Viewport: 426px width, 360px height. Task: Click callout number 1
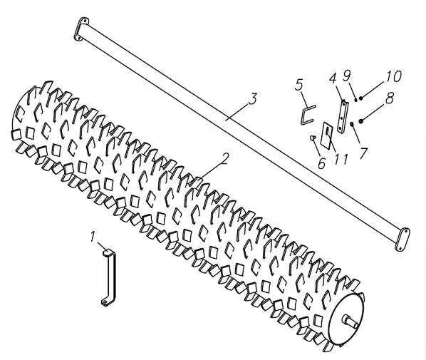[93, 236]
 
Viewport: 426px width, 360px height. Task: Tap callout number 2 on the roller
[225, 159]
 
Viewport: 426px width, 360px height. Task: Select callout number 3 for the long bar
[253, 99]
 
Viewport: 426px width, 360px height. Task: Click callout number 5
[299, 85]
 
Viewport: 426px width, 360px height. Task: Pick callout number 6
[321, 163]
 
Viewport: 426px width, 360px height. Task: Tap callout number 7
[363, 153]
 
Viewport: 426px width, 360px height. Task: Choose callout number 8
[390, 98]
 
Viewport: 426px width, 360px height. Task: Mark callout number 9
[346, 76]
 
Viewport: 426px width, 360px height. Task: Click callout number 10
[393, 76]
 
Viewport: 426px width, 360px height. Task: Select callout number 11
[341, 160]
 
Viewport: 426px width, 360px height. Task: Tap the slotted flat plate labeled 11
[326, 135]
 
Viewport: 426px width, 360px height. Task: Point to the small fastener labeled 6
[313, 138]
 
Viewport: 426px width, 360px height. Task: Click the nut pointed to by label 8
[361, 120]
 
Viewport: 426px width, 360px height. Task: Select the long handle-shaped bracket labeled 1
[110, 277]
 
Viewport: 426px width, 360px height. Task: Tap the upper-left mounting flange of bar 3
[81, 29]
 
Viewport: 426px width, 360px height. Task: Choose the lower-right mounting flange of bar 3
[402, 240]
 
